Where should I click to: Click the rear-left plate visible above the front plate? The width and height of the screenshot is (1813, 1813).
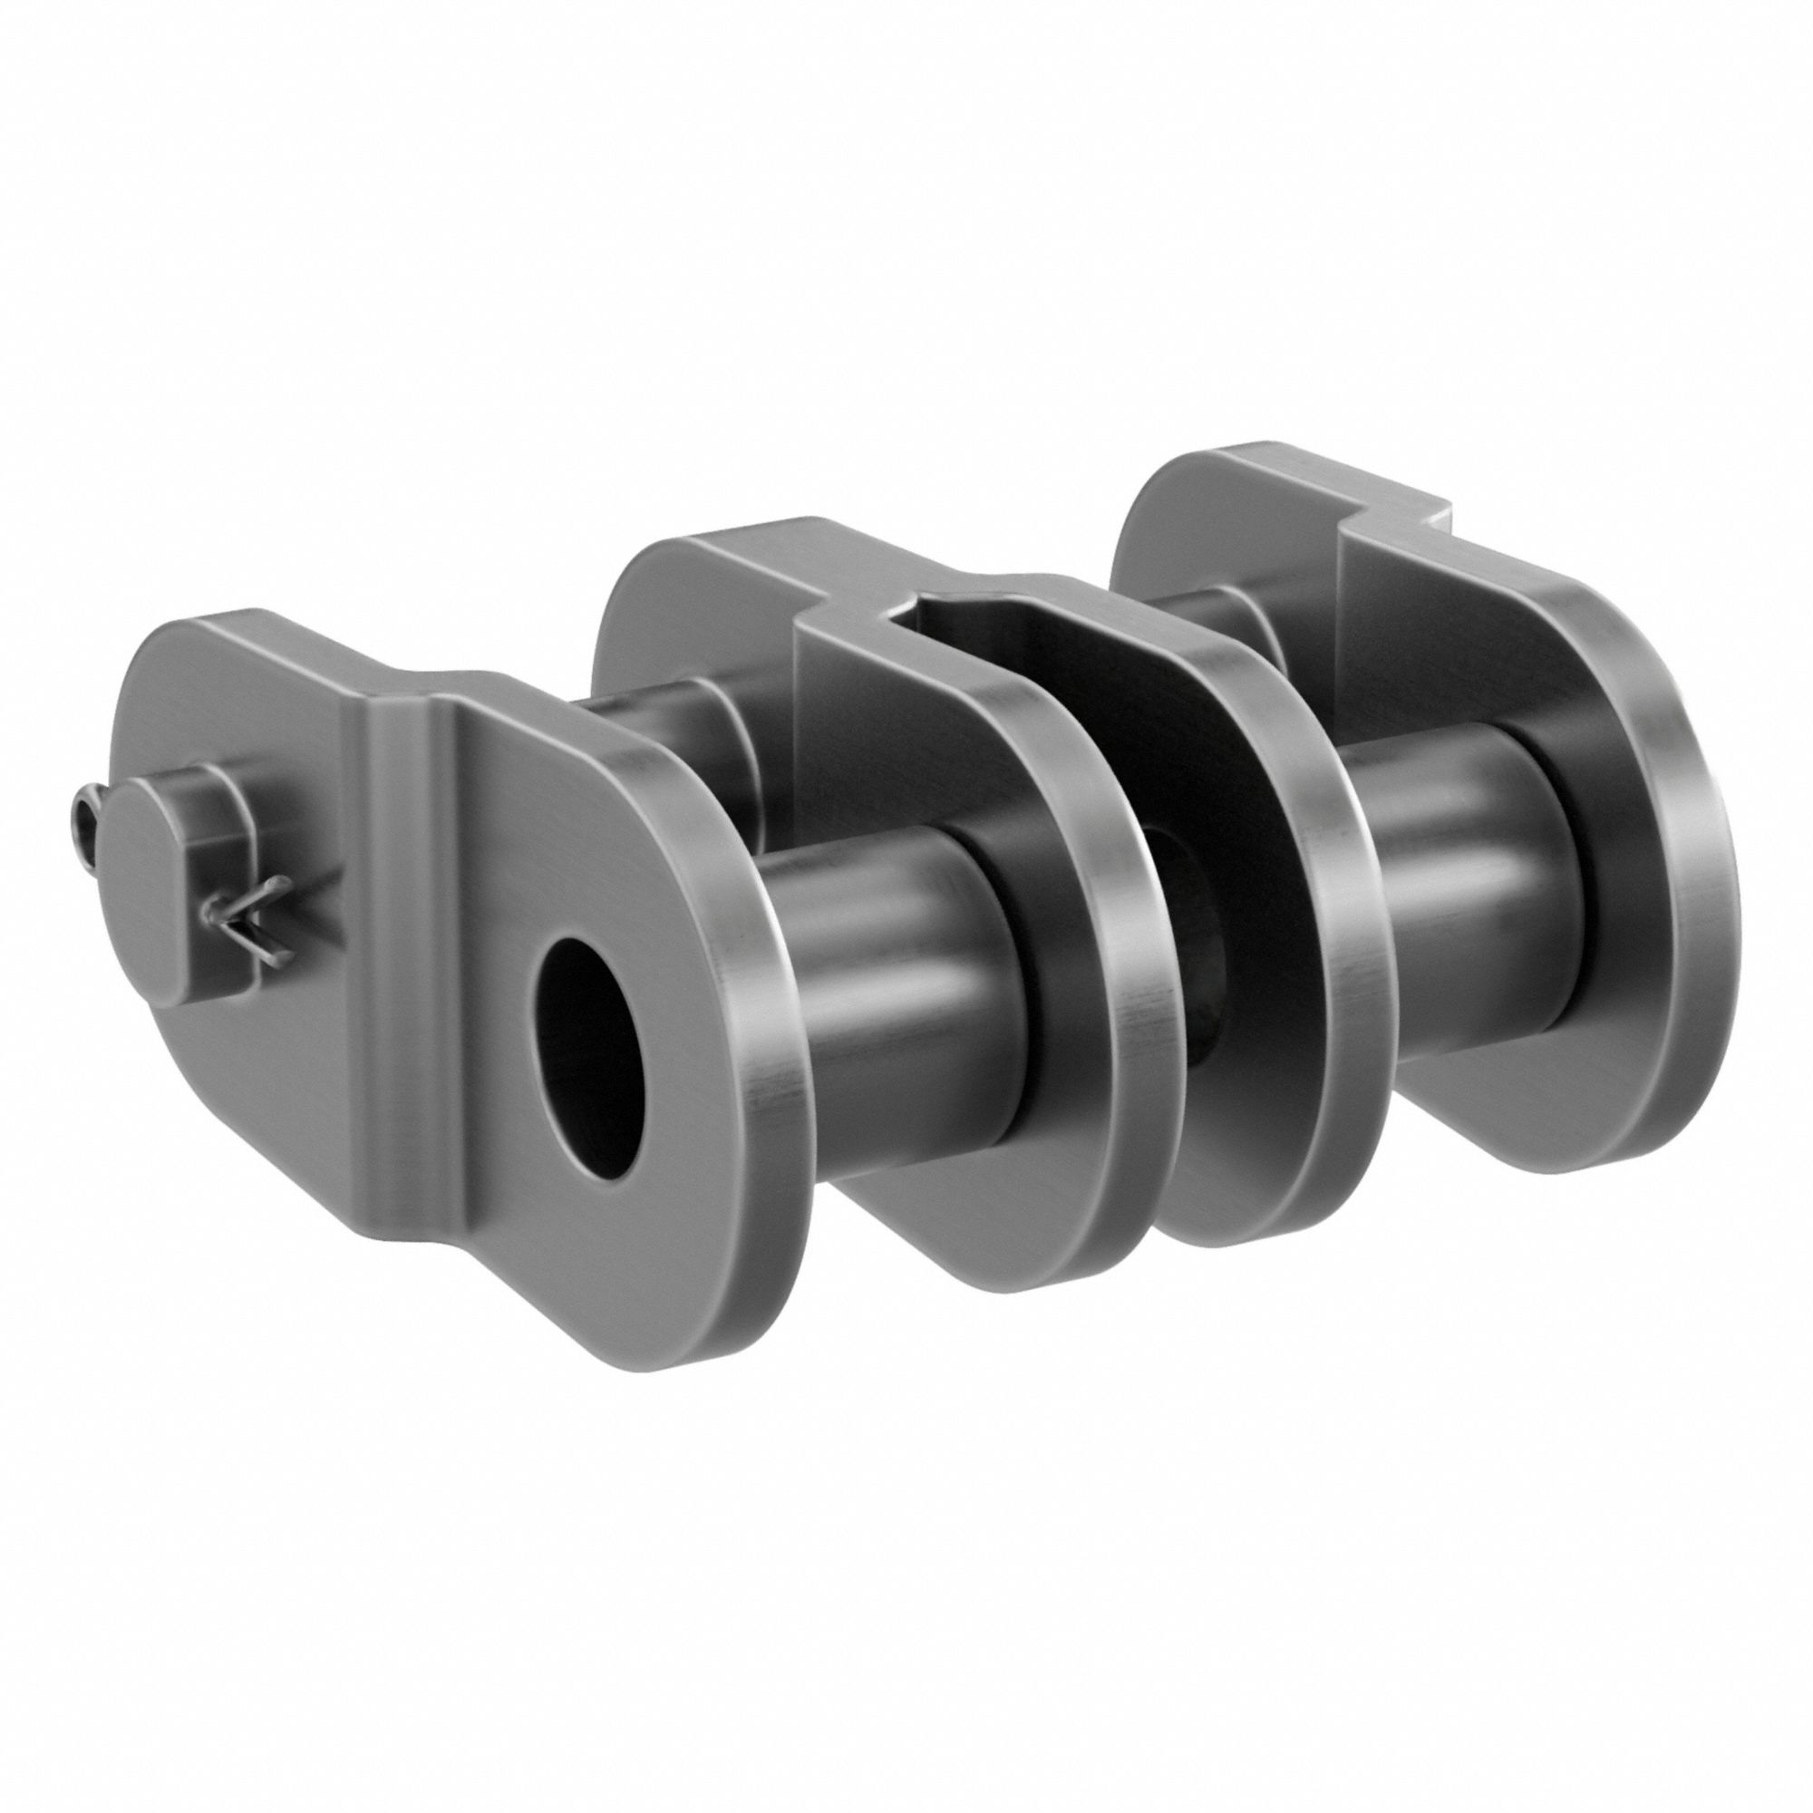(657, 601)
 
